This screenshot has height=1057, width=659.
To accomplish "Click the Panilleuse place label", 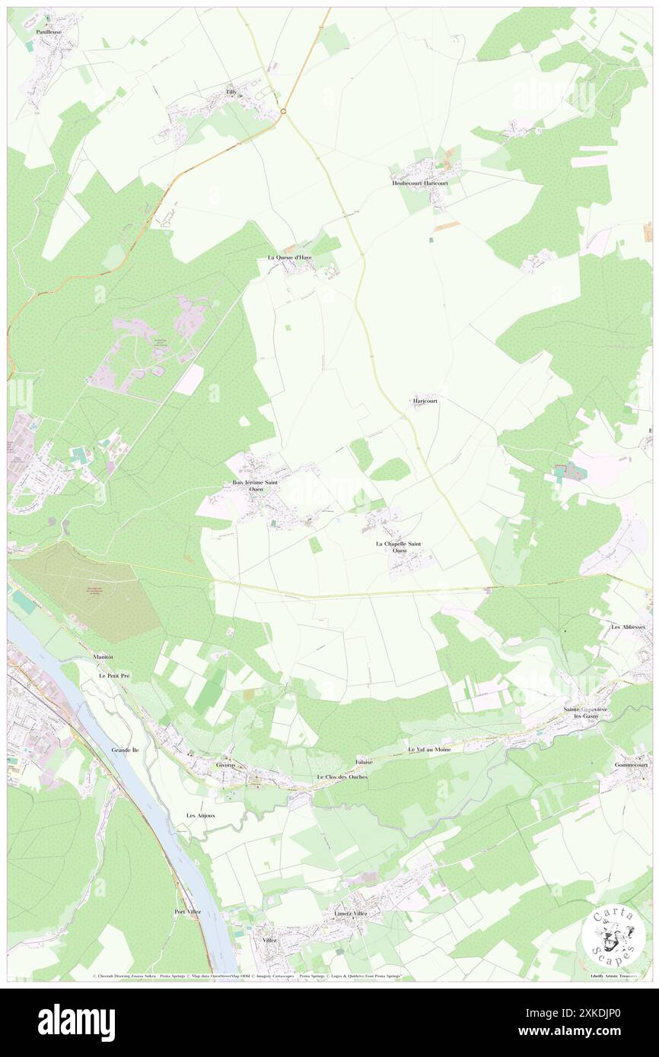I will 48,33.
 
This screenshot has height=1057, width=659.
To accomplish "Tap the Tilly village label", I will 231,92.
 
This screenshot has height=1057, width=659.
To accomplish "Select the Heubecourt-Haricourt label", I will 419,183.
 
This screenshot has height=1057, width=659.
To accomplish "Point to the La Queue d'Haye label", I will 289,258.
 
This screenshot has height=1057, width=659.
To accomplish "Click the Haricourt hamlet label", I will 425,400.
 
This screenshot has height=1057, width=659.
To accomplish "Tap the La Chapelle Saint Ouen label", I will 400,548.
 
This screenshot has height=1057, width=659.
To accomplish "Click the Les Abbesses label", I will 629,627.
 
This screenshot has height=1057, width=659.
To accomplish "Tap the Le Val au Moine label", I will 429,750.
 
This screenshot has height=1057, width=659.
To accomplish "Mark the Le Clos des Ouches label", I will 342,777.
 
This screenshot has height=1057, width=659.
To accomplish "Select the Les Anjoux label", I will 201,815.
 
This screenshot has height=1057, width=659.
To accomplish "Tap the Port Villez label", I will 190,912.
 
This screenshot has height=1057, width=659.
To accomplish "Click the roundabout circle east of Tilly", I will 282,112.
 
